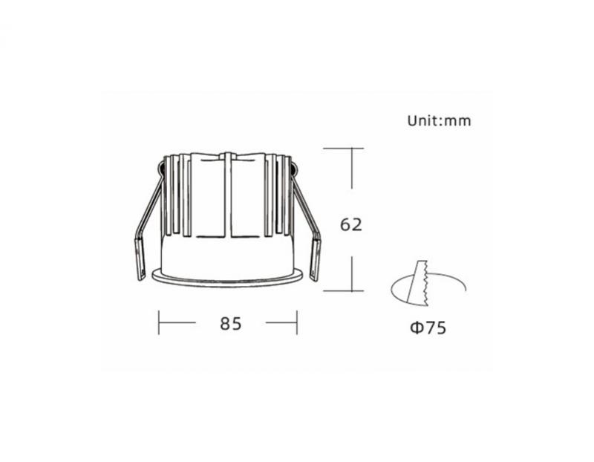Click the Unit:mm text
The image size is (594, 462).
pyautogui.click(x=439, y=121)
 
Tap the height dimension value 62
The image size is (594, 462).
pyautogui.click(x=350, y=225)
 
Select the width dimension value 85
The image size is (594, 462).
pyautogui.click(x=231, y=324)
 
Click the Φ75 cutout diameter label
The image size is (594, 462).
pyautogui.click(x=428, y=328)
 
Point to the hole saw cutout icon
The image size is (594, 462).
pyautogui.click(x=428, y=284)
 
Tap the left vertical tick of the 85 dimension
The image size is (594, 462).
pyautogui.click(x=159, y=322)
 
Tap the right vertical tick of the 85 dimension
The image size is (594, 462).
pyautogui.click(x=297, y=322)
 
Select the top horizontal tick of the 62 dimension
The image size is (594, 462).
pyautogui.click(x=343, y=149)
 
